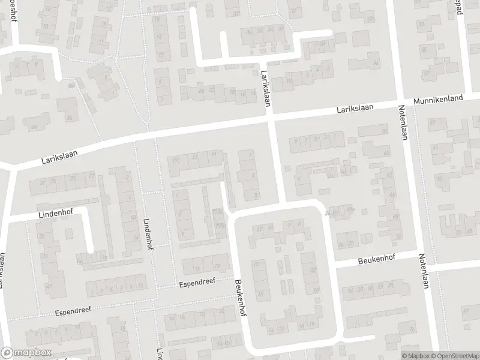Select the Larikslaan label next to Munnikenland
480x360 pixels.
355,108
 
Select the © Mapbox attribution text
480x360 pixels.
416,356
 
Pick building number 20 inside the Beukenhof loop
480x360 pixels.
316,290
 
